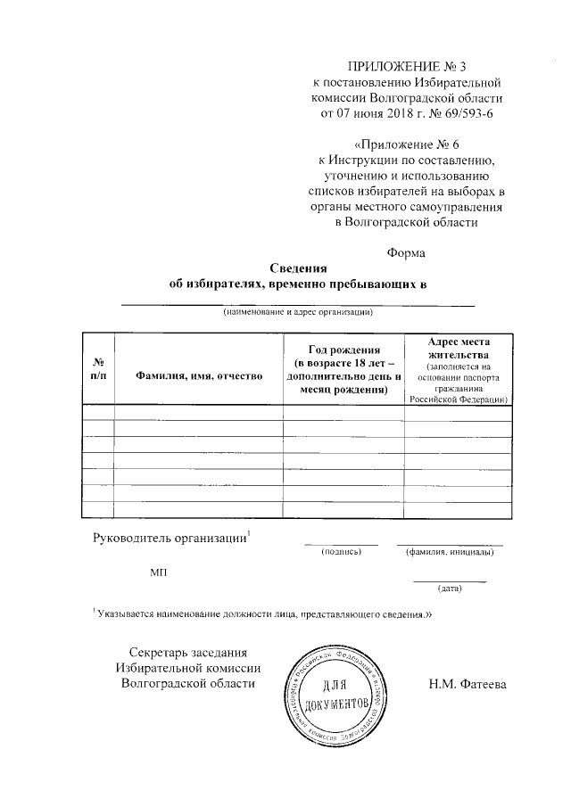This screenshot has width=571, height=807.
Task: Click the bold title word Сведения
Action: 299,268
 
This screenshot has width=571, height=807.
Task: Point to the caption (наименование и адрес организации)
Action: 298,313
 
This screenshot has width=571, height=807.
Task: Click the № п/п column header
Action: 98,370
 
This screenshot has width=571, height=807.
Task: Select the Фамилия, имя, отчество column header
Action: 198,377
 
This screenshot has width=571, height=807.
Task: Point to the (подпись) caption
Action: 341,552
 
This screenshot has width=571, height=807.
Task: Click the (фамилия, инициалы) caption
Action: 450,552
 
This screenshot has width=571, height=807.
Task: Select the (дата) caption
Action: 449,589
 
